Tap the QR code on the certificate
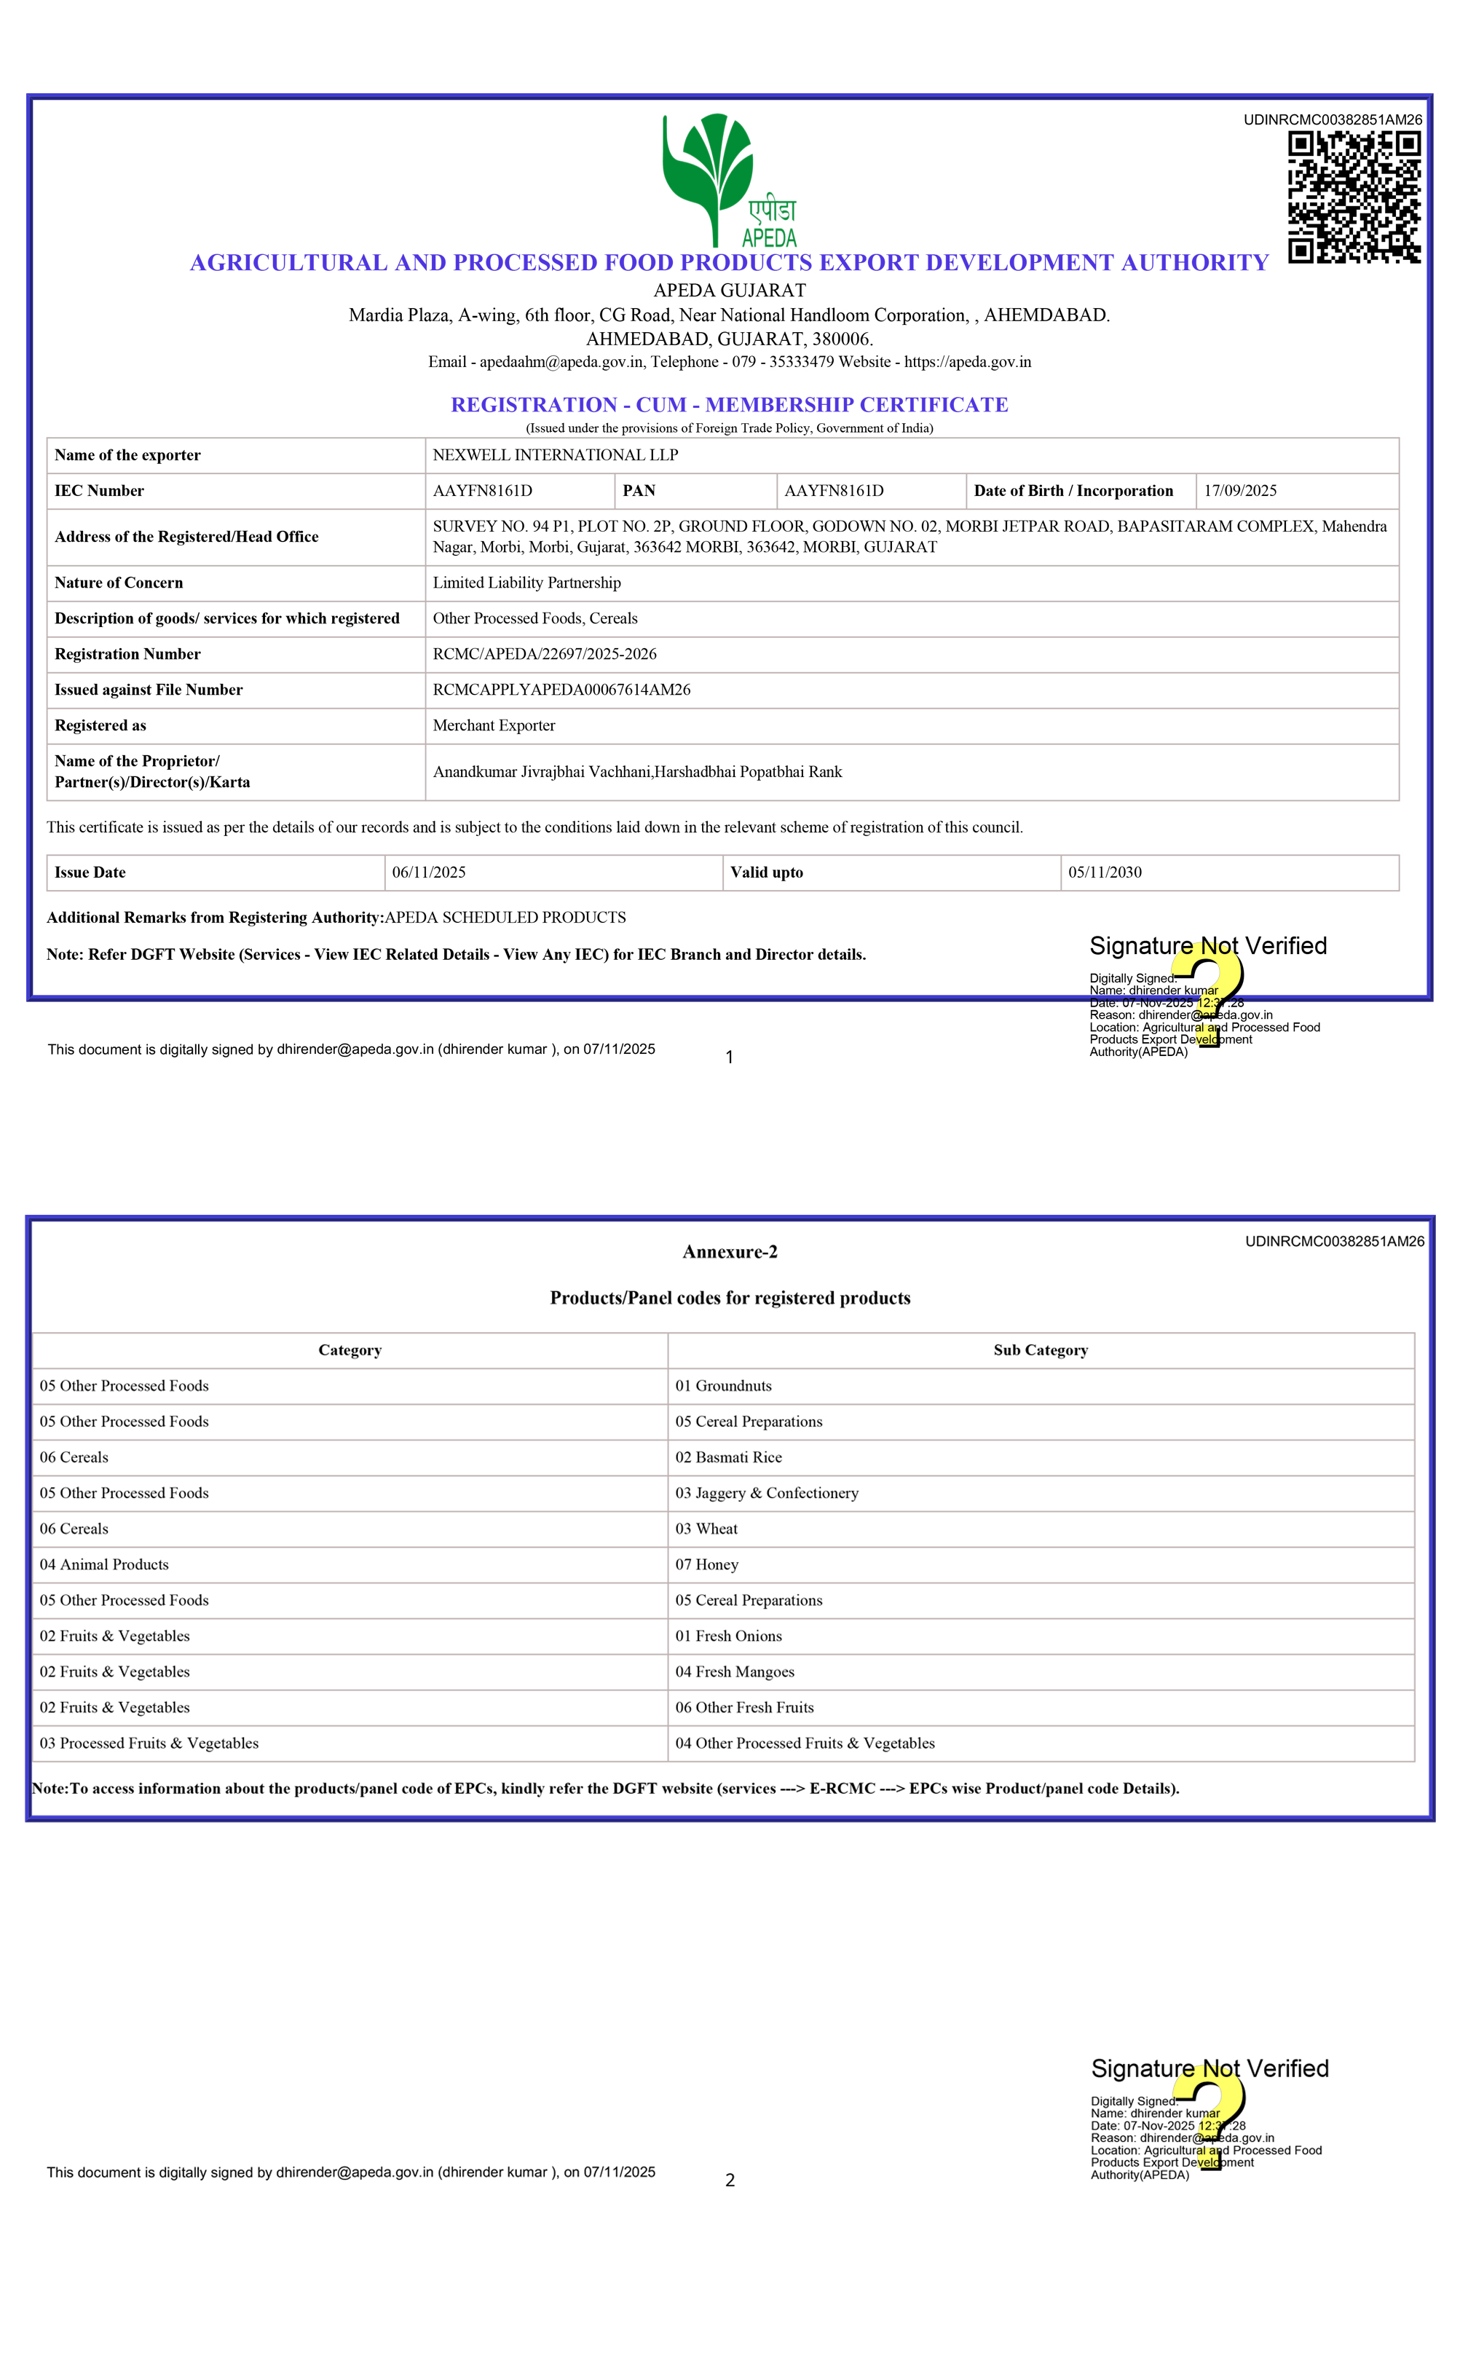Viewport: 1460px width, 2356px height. click(1354, 197)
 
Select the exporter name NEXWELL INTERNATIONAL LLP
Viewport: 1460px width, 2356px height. click(555, 454)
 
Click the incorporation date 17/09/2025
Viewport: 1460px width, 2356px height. click(1240, 491)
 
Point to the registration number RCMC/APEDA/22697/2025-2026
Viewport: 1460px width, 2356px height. click(545, 654)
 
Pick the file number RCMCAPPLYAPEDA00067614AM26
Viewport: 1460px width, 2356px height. click(561, 690)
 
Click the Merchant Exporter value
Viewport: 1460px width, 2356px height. click(494, 725)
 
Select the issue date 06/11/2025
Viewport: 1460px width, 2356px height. click(429, 872)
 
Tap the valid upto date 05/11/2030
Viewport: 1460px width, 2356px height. click(1105, 872)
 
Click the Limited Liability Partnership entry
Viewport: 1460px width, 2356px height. click(526, 582)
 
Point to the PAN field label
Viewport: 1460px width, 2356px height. click(639, 491)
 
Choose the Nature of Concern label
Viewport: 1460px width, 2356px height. click(119, 582)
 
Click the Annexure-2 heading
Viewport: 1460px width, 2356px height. click(730, 1251)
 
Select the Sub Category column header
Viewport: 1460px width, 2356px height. click(1040, 1350)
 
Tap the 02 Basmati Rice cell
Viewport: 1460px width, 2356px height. click(728, 1457)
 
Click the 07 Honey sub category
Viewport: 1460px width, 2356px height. click(707, 1564)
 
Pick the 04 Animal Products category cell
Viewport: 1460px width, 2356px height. click(104, 1564)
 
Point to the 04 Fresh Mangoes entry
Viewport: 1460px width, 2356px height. click(735, 1671)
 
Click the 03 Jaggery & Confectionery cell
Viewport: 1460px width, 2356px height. click(767, 1493)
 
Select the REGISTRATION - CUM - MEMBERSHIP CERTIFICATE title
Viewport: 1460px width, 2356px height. click(729, 405)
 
